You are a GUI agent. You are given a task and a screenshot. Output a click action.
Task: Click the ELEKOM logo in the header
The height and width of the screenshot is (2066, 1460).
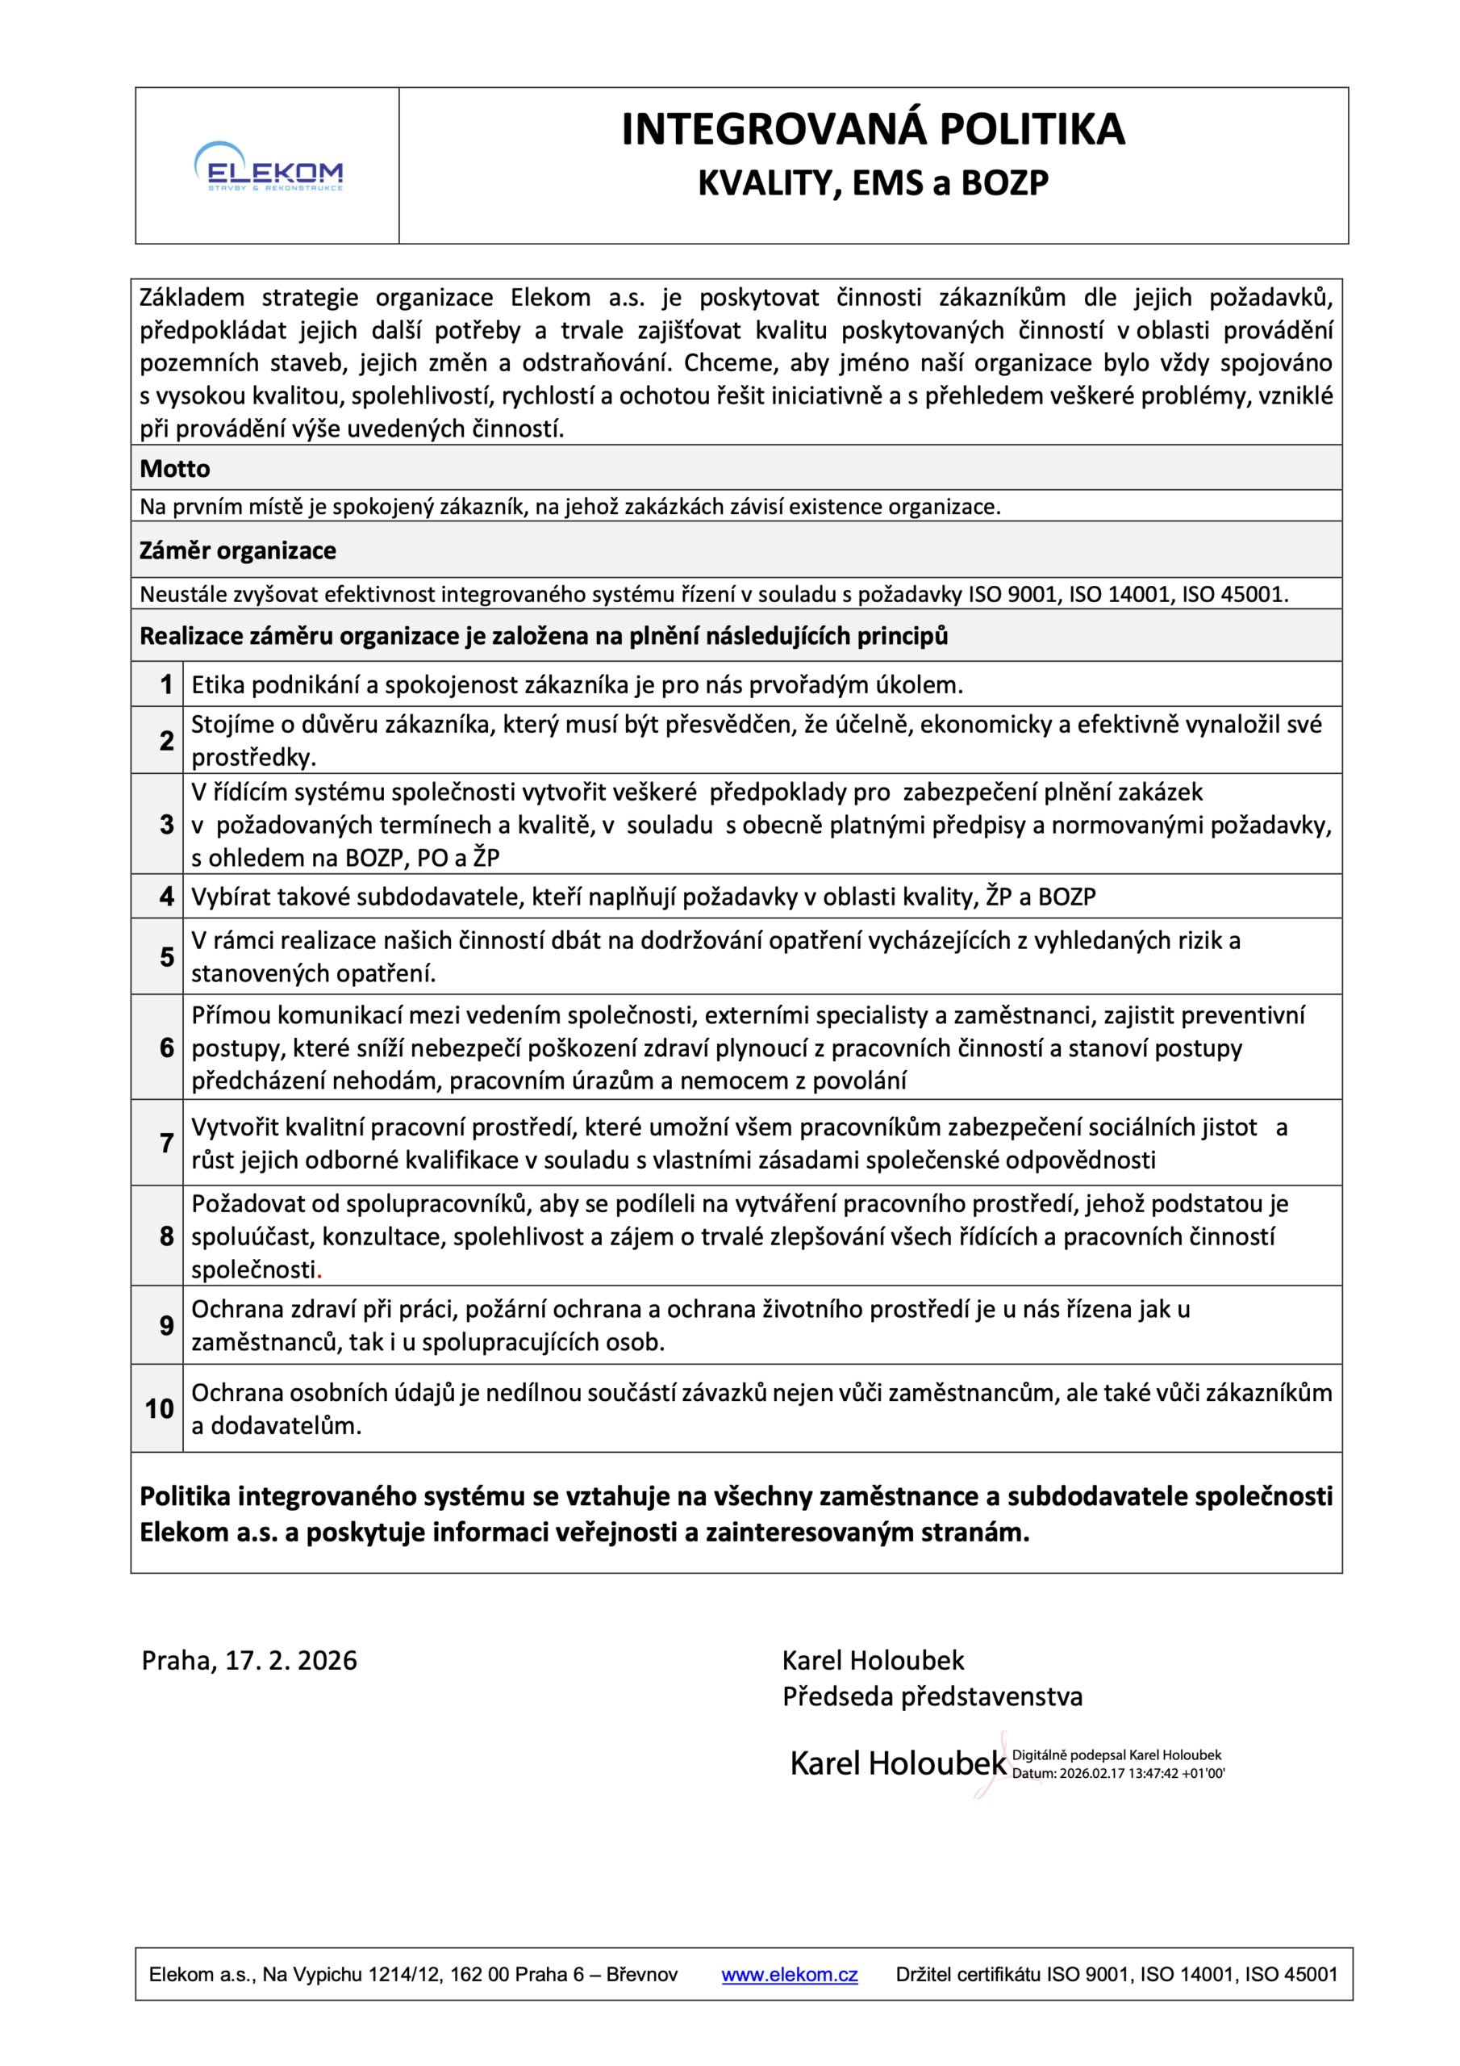click(x=268, y=167)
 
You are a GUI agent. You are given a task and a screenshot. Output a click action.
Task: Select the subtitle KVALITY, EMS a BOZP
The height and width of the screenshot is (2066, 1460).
click(x=873, y=182)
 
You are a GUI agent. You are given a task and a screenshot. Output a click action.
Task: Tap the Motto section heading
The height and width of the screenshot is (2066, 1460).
click(x=174, y=469)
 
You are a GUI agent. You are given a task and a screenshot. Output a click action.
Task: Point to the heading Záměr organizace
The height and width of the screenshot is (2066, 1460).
click(x=237, y=550)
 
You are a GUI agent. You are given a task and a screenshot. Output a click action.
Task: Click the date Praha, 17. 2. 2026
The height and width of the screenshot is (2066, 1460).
click(x=249, y=1660)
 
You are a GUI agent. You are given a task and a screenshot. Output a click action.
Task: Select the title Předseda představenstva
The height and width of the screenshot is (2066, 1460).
click(x=932, y=1696)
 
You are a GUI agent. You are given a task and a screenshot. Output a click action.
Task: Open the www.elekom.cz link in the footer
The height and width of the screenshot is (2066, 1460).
click(x=789, y=1974)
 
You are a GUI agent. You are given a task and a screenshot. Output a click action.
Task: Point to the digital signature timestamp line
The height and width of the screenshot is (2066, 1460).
click(x=1118, y=1774)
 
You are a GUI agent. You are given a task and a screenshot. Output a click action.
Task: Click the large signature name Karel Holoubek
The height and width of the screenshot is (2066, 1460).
click(x=897, y=1763)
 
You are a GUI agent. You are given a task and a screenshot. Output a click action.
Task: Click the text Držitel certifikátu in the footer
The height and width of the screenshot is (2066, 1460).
click(x=968, y=1974)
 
